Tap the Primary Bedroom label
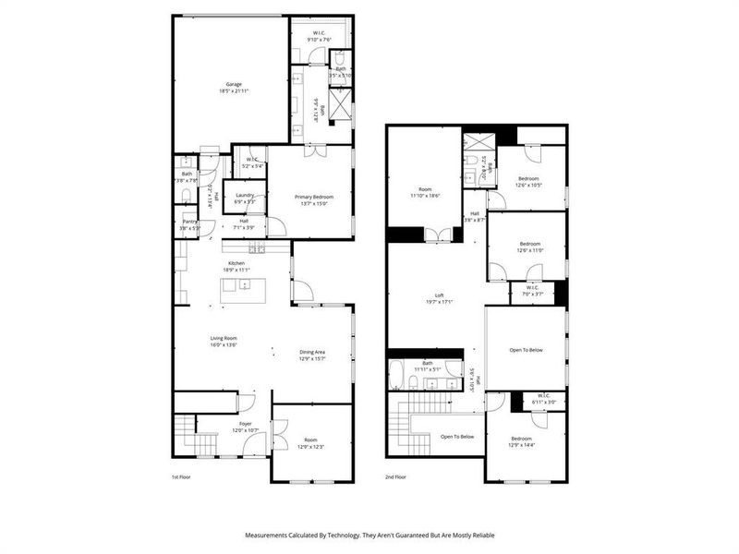(x=313, y=197)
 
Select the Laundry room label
(x=245, y=195)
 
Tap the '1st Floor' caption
(x=181, y=478)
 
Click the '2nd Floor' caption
(x=396, y=478)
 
